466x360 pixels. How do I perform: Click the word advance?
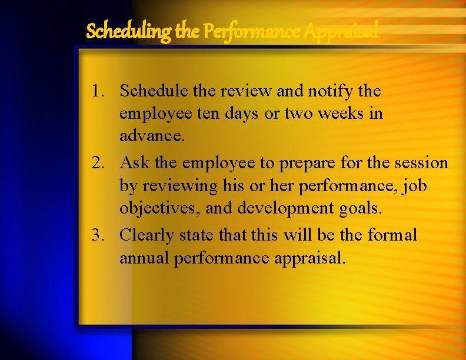pyautogui.click(x=152, y=136)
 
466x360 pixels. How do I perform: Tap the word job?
pyautogui.click(x=414, y=186)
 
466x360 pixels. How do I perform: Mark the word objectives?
pyautogui.click(x=154, y=209)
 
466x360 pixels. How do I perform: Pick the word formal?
pyautogui.click(x=391, y=235)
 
